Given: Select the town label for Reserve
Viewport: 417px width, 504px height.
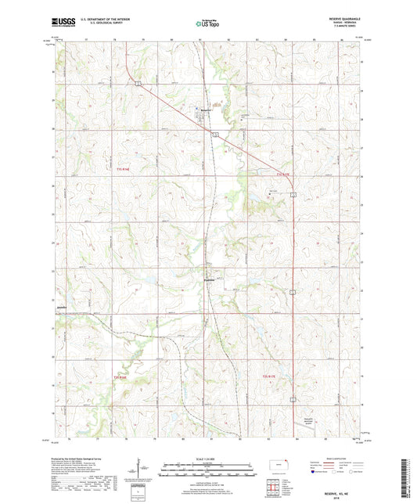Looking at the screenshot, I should [x=205, y=109].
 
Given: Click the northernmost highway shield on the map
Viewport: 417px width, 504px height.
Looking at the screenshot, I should [x=137, y=84].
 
